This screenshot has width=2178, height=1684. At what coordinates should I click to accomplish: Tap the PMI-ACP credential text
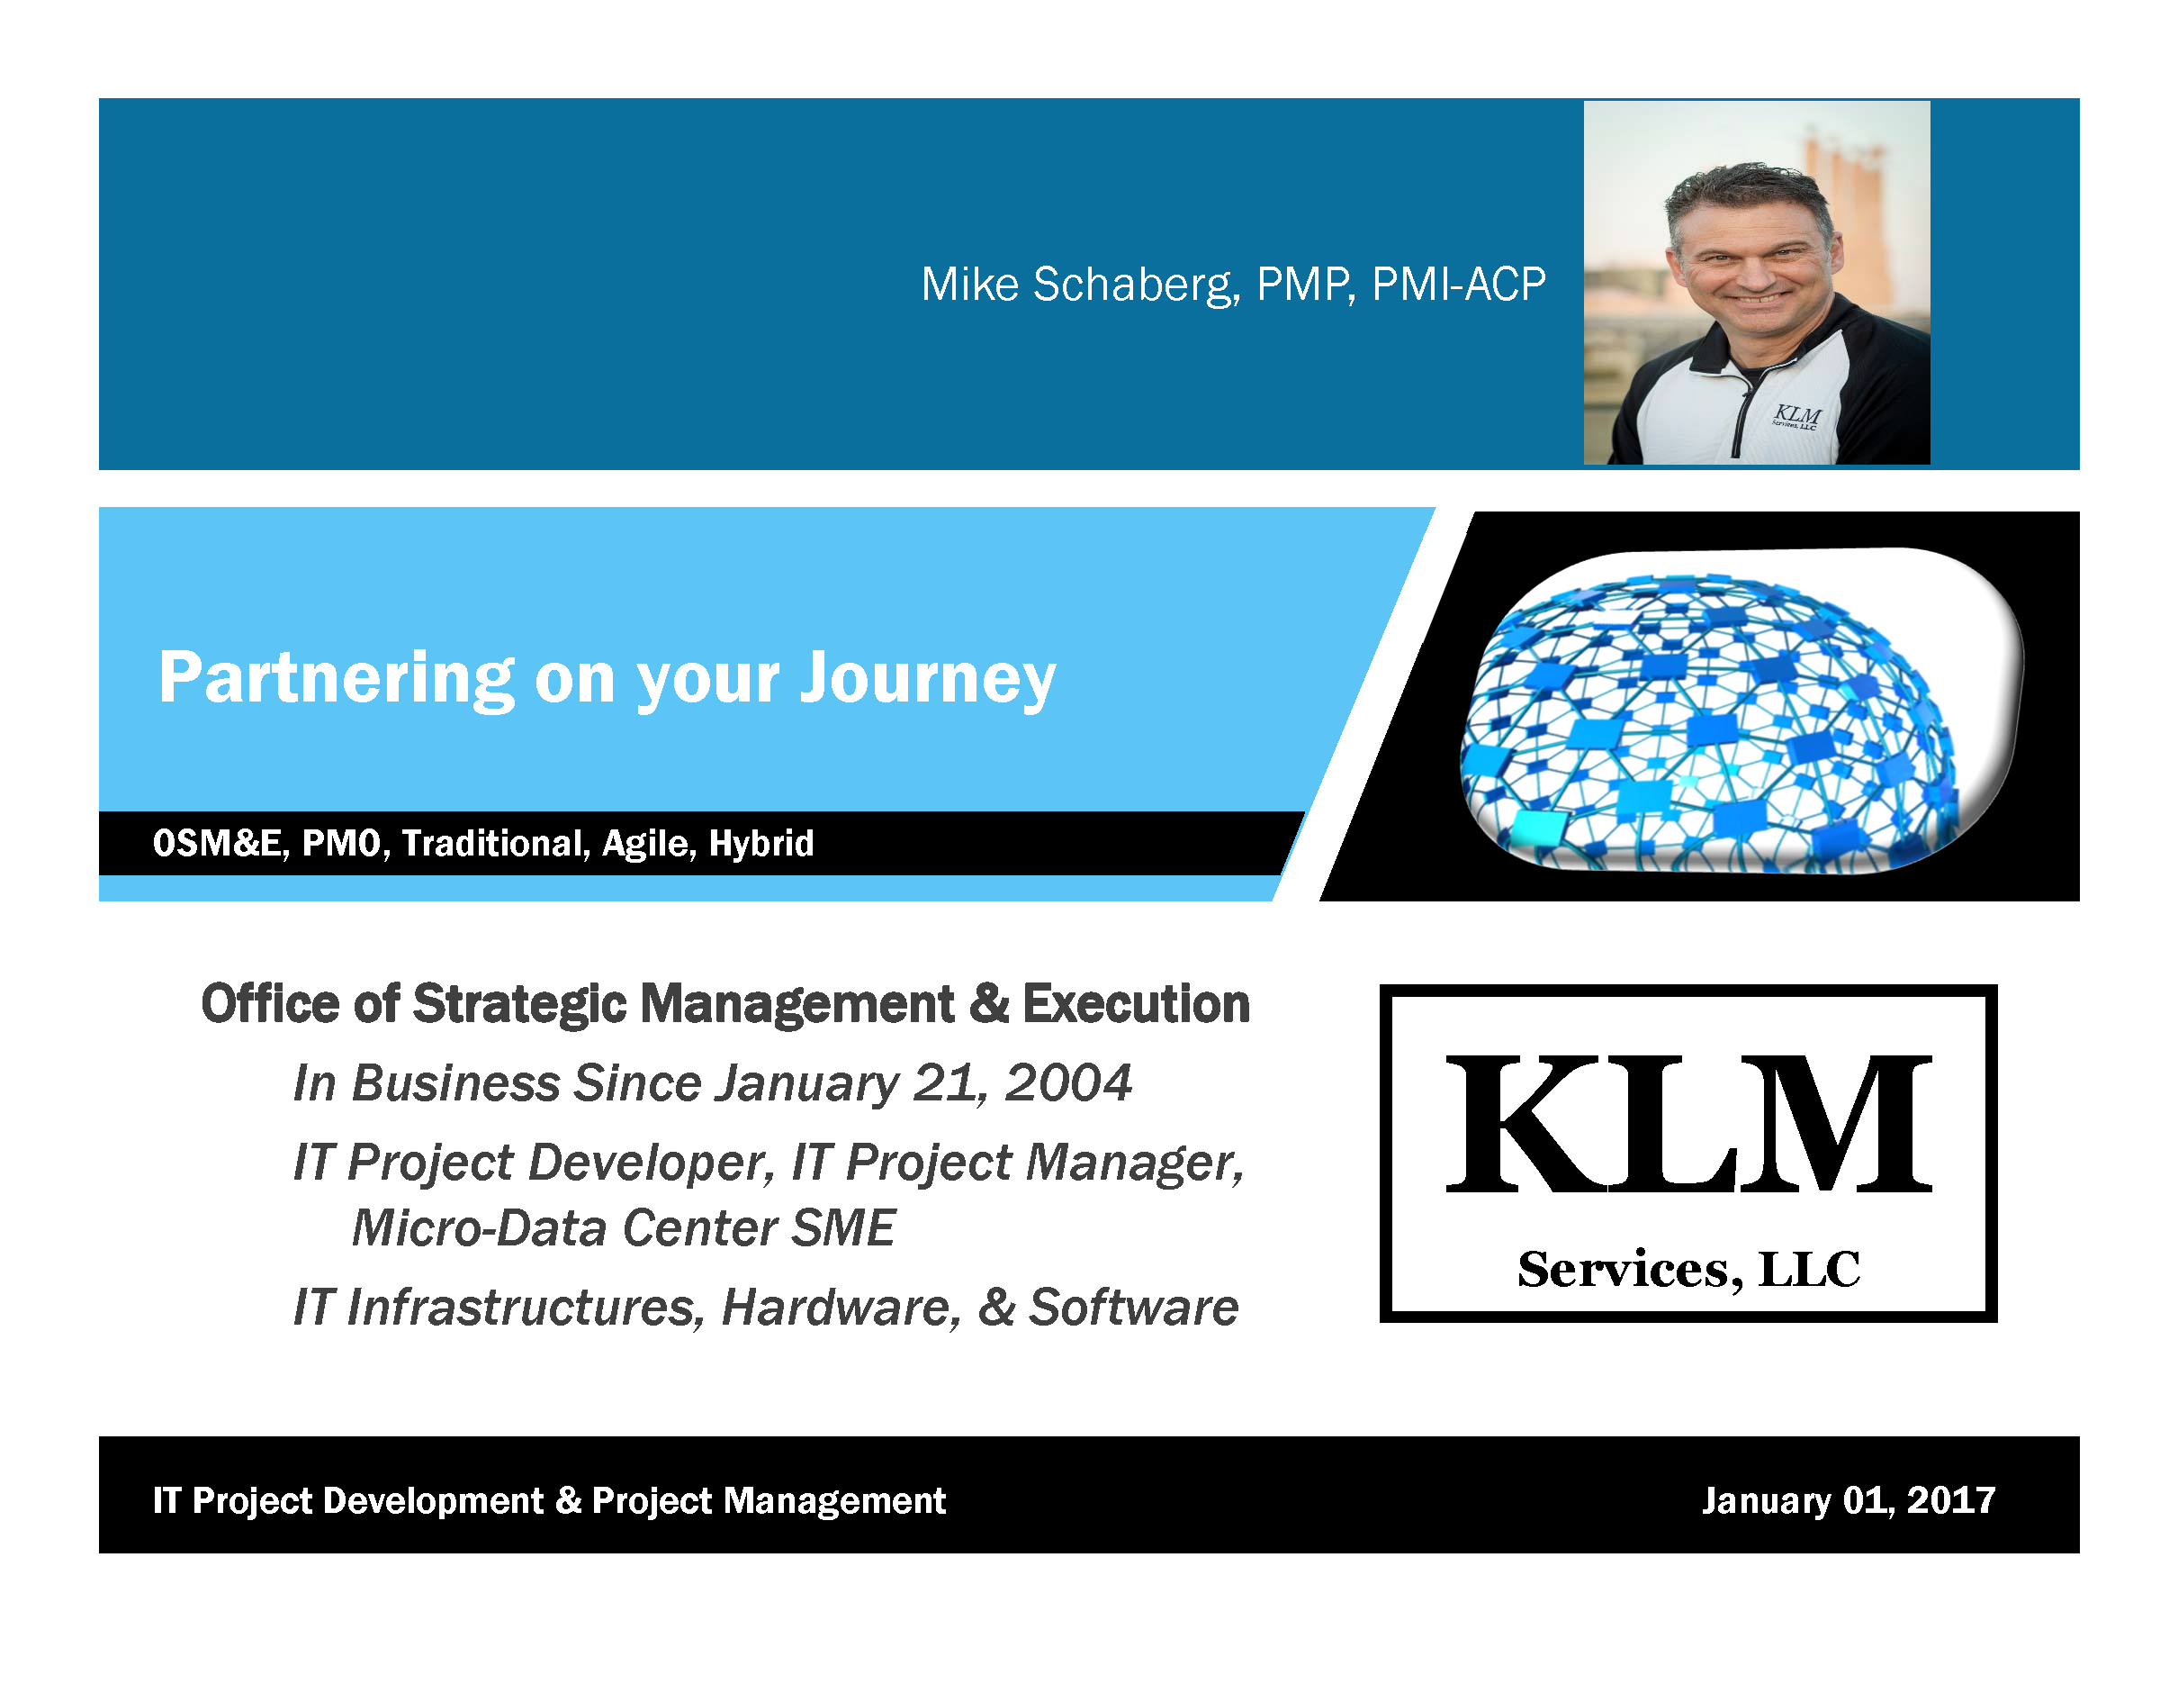(x=1458, y=285)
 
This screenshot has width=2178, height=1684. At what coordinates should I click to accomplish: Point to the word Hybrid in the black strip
(x=760, y=844)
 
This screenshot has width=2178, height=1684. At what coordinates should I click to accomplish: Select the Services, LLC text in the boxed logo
(x=1688, y=1270)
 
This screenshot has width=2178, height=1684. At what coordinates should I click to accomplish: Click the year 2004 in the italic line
(x=1067, y=1083)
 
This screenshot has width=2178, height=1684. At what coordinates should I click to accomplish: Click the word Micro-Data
(x=480, y=1228)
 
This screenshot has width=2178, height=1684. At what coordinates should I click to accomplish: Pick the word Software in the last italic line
(x=1133, y=1308)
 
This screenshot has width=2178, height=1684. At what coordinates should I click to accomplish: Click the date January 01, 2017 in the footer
(x=1848, y=1500)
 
